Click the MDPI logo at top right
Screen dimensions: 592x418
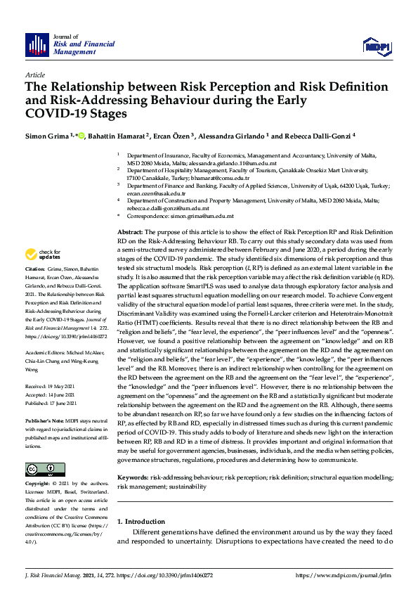[377, 46]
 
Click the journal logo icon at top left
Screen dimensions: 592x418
[36, 45]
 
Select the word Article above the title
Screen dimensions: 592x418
[34, 75]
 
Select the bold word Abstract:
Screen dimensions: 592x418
[130, 232]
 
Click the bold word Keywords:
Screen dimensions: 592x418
[133, 477]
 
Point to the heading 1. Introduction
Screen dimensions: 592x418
[141, 522]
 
